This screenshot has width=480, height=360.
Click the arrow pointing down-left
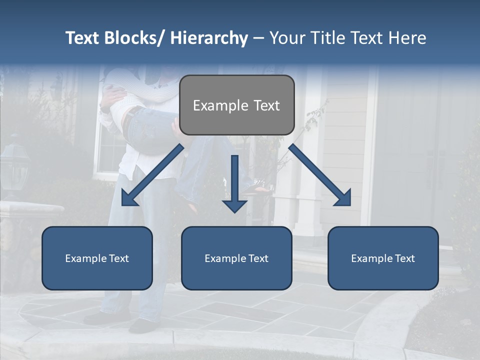point(152,175)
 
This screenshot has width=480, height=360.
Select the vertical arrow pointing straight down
point(234,182)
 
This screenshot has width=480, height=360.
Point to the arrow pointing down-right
point(320,175)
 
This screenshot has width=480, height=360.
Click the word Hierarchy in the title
point(208,38)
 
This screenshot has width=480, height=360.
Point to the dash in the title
point(258,38)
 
